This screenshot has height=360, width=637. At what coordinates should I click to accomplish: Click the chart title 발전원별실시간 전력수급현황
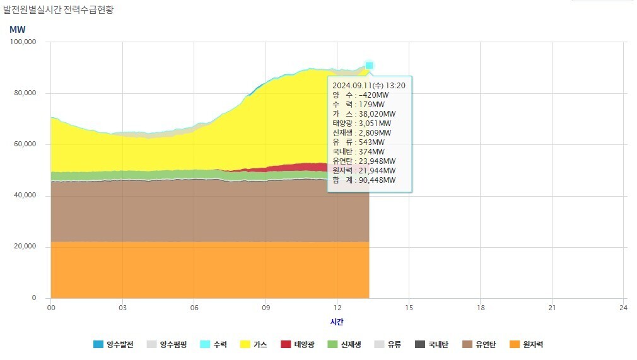[x=58, y=10]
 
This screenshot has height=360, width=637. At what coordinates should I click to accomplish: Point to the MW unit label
[x=17, y=29]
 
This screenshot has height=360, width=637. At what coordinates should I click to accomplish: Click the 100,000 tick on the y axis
[x=23, y=42]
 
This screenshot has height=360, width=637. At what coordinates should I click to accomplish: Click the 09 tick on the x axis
[x=266, y=308]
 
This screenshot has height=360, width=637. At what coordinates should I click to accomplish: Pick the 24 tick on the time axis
[x=623, y=308]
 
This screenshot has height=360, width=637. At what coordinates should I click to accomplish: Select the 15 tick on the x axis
[x=409, y=308]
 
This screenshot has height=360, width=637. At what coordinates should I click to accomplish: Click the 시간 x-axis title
[x=337, y=322]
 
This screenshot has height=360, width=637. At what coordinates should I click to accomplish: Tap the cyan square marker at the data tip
[x=369, y=66]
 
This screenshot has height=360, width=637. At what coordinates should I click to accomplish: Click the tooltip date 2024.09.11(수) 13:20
[x=368, y=85]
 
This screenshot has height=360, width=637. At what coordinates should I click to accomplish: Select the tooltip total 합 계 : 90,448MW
[x=364, y=180]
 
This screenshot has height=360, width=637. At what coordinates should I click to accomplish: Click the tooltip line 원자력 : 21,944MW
[x=364, y=171]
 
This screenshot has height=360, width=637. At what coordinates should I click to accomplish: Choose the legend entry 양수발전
[x=114, y=344]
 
